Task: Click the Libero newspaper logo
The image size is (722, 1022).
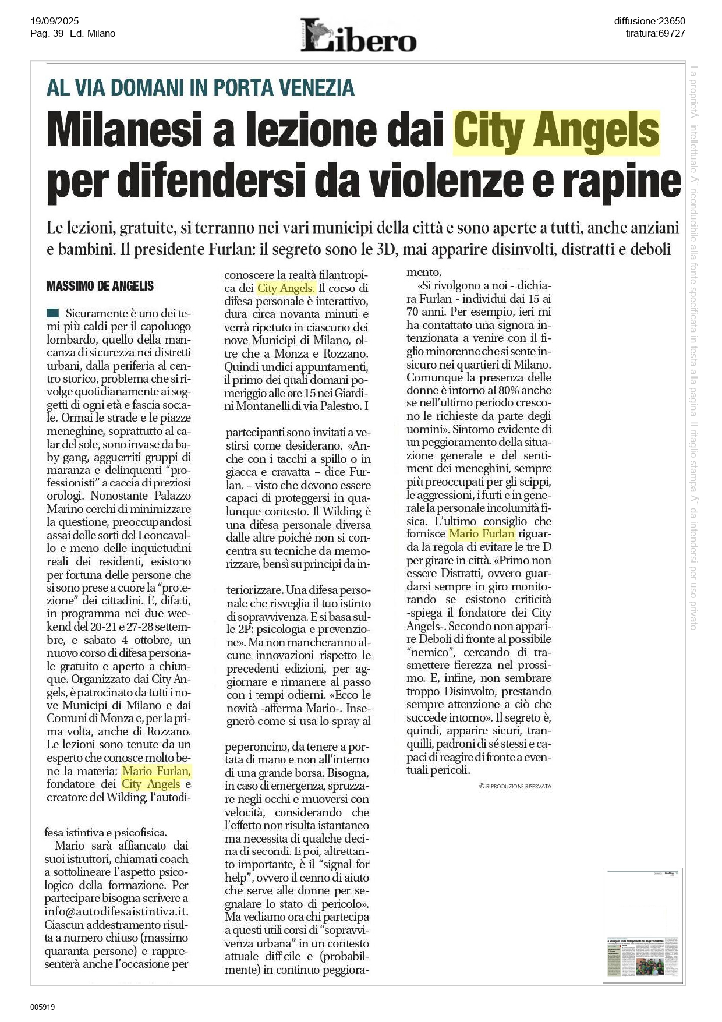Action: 358,36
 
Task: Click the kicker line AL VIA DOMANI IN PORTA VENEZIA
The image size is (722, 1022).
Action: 200,87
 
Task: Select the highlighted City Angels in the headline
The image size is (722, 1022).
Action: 556,132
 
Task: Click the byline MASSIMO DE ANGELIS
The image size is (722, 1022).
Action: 100,286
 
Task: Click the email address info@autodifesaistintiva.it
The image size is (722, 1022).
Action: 116,912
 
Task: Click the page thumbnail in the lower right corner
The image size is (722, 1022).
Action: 642,926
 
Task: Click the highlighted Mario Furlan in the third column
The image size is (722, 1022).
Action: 482,534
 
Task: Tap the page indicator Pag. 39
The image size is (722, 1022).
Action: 47,33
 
